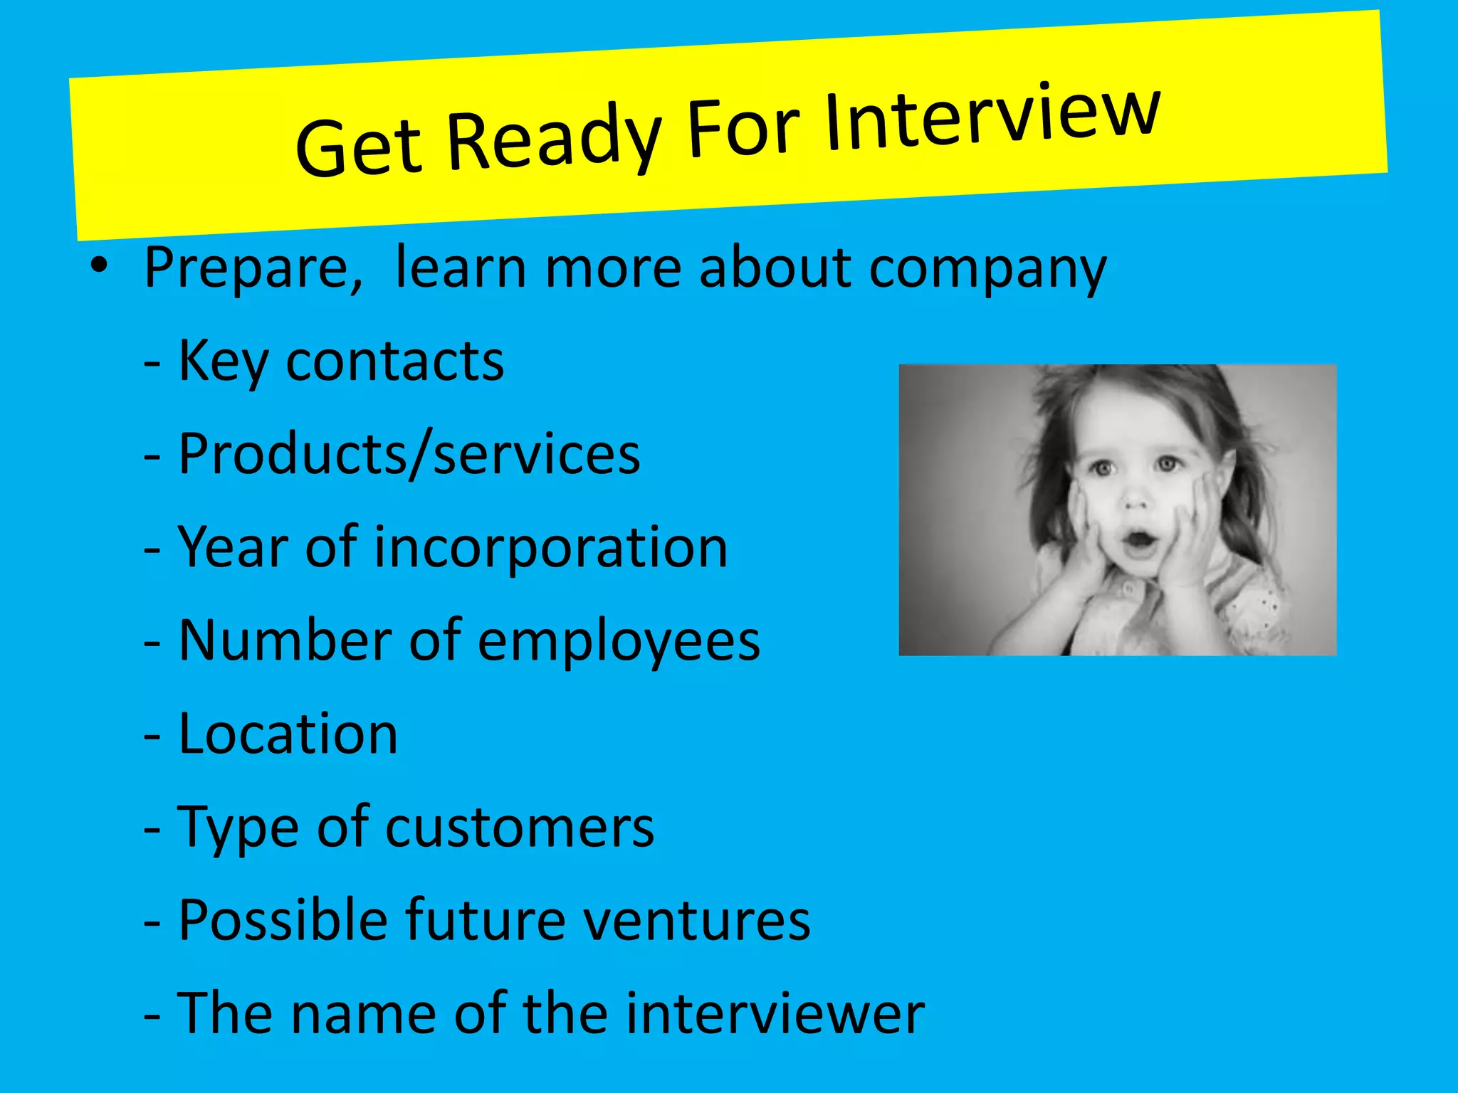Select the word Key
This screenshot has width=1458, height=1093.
click(x=223, y=362)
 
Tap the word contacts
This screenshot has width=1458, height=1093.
click(x=395, y=361)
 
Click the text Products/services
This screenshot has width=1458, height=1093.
click(x=409, y=455)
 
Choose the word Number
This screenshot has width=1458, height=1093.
click(x=285, y=640)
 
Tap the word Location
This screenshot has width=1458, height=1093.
click(x=288, y=734)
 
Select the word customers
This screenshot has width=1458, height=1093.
click(x=520, y=828)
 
